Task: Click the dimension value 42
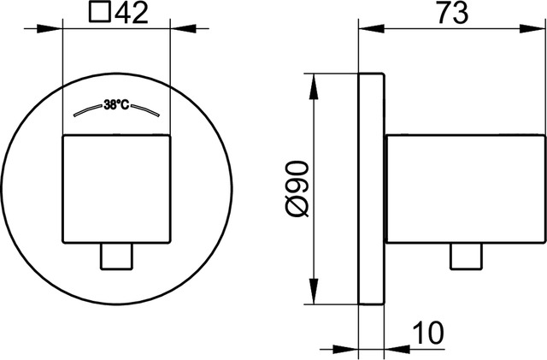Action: coord(132,13)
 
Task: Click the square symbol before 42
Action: coord(100,12)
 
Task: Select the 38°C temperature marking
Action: coord(116,104)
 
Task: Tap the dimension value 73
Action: coord(452,13)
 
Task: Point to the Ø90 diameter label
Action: coord(297,189)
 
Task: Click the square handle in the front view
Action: coord(116,189)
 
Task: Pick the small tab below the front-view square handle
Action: coord(116,257)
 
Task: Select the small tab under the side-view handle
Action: coord(467,257)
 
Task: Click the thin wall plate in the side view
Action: coord(372,189)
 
